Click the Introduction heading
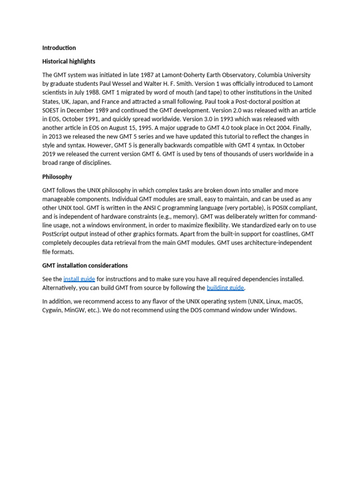click(x=59, y=48)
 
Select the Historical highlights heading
click(x=68, y=61)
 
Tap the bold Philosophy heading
click(x=57, y=177)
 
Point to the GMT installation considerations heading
click(x=85, y=265)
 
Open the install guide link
click(x=79, y=279)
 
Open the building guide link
click(x=225, y=288)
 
